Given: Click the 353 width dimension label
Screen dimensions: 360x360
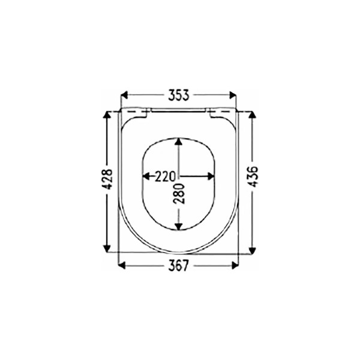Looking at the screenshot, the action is (x=179, y=95).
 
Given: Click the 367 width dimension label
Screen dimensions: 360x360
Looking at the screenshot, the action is (x=178, y=266).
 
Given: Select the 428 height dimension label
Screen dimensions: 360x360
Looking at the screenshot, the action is (x=107, y=179).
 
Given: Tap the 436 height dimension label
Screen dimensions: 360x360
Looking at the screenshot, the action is (x=253, y=176).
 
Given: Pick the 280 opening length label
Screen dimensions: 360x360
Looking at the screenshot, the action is (x=179, y=194).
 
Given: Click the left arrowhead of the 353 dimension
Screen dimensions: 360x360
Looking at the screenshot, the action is (x=124, y=95).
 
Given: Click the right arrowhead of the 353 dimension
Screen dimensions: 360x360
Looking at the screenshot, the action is (x=233, y=95).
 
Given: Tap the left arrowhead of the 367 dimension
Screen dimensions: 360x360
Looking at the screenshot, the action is (x=122, y=266).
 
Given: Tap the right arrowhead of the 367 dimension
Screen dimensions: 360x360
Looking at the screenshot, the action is (x=235, y=266).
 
